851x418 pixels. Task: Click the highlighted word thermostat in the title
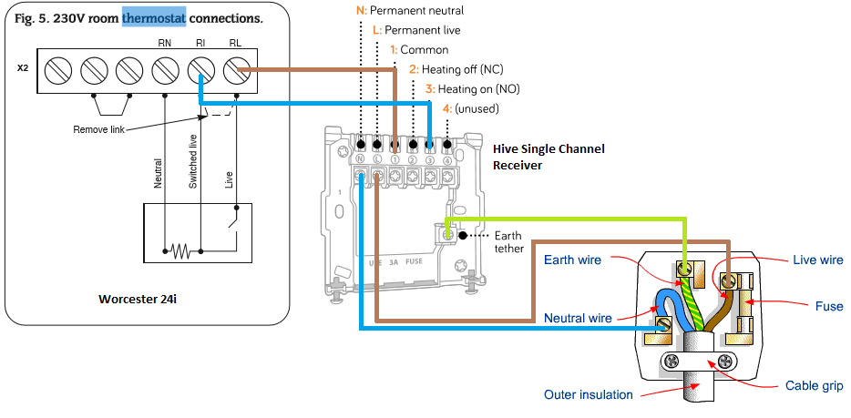pyautogui.click(x=153, y=17)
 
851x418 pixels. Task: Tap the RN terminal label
pyautogui.click(x=164, y=42)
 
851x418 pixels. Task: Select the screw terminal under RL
pyautogui.click(x=237, y=69)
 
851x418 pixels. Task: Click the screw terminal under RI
pyautogui.click(x=200, y=69)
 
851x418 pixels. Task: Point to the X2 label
pyautogui.click(x=22, y=68)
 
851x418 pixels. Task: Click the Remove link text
pyautogui.click(x=98, y=130)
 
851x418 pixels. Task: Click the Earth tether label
pyautogui.click(x=508, y=241)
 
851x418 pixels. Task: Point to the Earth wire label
pyautogui.click(x=572, y=260)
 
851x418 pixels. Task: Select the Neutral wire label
pyautogui.click(x=578, y=318)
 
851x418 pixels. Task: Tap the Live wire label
pyautogui.click(x=817, y=260)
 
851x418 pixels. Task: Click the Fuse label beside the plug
pyautogui.click(x=829, y=306)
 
